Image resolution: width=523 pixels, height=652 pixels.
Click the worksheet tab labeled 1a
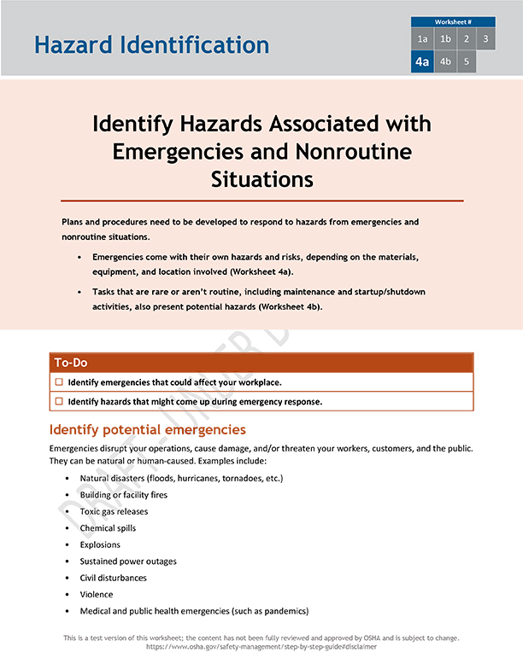click(x=422, y=39)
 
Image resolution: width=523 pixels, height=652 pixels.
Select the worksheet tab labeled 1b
click(x=444, y=39)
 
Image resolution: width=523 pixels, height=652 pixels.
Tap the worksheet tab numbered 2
click(x=466, y=39)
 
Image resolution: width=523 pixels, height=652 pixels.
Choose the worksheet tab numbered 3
click(x=485, y=39)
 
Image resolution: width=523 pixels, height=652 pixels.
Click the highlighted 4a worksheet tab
click(x=422, y=61)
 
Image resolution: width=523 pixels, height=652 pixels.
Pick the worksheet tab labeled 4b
click(x=444, y=61)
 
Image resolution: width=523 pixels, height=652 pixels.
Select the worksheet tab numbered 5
click(x=466, y=61)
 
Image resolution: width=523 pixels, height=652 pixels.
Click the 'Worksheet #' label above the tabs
click(x=453, y=21)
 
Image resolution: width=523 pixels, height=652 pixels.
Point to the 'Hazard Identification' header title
click(x=151, y=44)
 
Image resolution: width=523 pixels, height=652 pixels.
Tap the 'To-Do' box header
click(x=72, y=363)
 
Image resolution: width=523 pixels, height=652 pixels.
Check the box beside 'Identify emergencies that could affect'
click(x=59, y=382)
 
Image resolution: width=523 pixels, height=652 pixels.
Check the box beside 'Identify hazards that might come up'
click(x=59, y=401)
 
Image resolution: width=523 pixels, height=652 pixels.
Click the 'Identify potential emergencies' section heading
click(x=148, y=429)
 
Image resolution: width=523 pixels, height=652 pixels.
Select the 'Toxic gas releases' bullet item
click(x=114, y=512)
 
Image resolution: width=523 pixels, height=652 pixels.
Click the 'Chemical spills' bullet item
click(x=108, y=528)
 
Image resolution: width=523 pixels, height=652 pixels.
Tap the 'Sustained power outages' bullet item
click(x=128, y=562)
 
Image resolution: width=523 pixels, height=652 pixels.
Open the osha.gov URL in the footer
click(x=261, y=647)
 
